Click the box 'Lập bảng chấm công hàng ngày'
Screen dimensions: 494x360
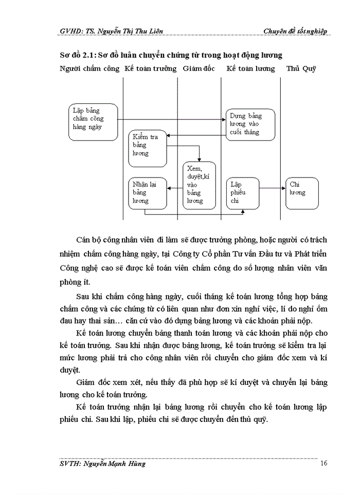click(x=93, y=122)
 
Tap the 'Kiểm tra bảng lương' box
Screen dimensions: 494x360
click(x=147, y=149)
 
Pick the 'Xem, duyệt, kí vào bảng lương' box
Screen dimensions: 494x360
click(x=200, y=185)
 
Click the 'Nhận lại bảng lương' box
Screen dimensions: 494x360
click(x=147, y=193)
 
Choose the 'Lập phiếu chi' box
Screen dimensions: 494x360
click(x=243, y=193)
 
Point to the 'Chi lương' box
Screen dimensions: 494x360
click(x=302, y=193)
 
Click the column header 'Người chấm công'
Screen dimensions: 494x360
click(x=89, y=68)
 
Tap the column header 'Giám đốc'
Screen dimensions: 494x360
click(x=199, y=68)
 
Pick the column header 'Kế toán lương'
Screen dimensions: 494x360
click(x=251, y=68)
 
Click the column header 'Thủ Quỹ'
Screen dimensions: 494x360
click(x=301, y=68)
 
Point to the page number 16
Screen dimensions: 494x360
click(x=324, y=463)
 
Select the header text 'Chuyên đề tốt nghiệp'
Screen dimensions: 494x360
click(x=295, y=31)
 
